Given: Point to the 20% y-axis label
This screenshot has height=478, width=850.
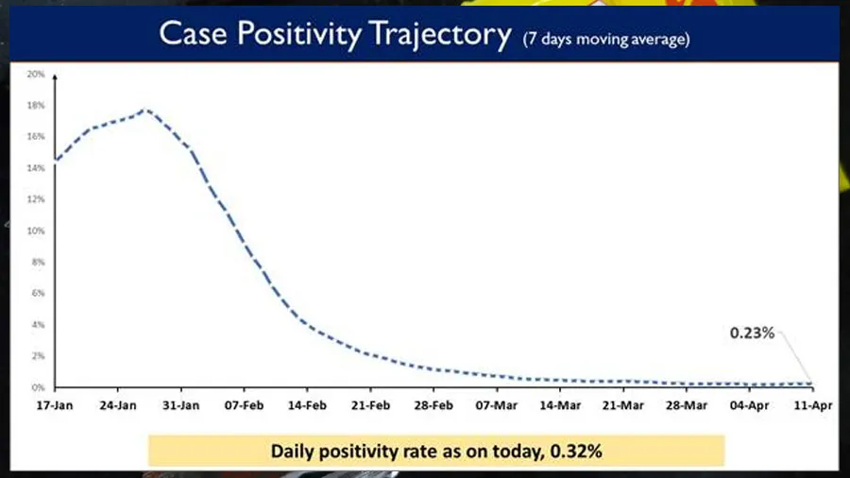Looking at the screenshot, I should [36, 74].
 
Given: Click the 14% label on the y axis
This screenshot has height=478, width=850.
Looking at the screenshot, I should [36, 168].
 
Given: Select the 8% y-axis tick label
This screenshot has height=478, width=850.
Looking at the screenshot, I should [38, 262].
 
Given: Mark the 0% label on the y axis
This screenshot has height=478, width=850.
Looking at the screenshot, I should [38, 387].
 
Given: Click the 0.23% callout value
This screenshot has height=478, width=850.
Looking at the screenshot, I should [752, 333].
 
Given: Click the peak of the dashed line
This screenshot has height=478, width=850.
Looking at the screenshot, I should [145, 110].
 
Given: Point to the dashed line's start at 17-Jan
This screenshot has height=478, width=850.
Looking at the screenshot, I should [56, 161].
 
